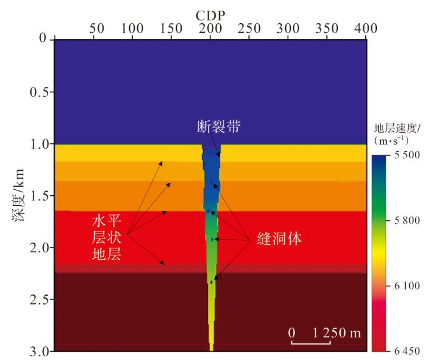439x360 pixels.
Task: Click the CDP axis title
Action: (210, 16)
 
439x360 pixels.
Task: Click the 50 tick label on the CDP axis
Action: (97, 28)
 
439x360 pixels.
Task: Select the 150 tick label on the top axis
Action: (172, 28)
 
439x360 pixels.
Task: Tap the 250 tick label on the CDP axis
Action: (249, 28)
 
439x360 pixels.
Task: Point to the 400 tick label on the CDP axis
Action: (366, 28)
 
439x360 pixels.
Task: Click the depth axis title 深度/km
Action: (18, 195)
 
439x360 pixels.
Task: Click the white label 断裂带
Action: (219, 127)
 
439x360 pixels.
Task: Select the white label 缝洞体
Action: (279, 239)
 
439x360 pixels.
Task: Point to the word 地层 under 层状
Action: (107, 254)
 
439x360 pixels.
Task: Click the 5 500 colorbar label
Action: (407, 155)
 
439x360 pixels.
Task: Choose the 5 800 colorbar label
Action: (407, 220)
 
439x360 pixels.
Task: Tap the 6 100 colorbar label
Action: (407, 286)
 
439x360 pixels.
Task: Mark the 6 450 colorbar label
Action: (407, 350)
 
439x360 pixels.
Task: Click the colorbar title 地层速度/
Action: (397, 129)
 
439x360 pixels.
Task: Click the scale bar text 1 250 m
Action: (337, 333)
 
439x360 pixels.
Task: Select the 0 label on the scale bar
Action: (292, 333)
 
